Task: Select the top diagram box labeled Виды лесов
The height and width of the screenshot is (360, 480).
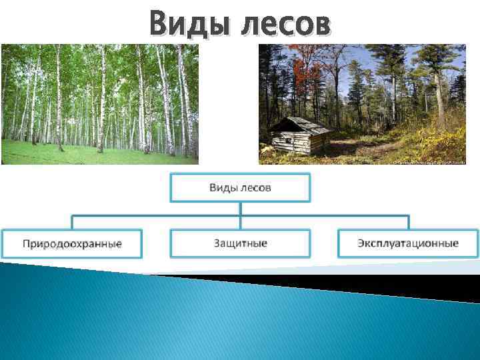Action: [240, 187]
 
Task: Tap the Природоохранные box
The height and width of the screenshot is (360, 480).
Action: [72, 243]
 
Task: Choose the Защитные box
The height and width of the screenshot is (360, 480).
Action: [240, 243]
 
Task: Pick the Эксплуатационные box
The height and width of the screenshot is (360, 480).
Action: [408, 243]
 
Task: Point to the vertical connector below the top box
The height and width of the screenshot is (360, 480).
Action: [240, 208]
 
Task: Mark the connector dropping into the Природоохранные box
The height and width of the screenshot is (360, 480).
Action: [72, 222]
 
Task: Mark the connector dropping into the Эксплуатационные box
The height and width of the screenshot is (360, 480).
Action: [408, 222]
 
